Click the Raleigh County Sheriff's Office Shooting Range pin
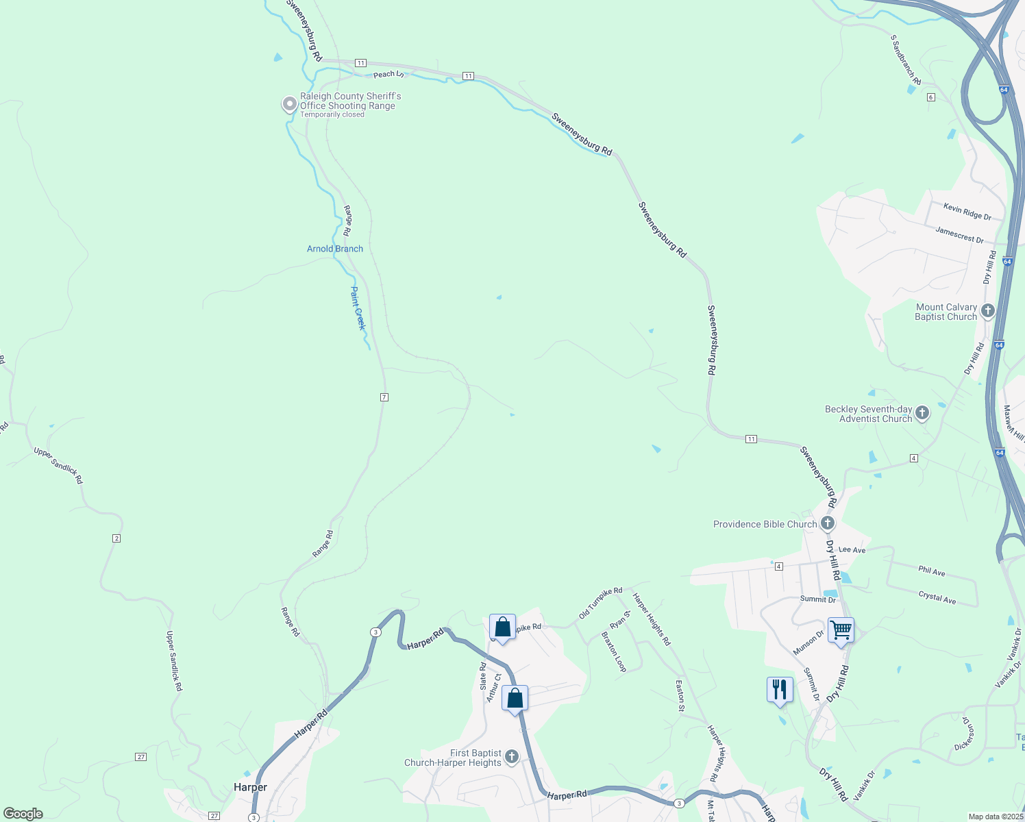coord(290,104)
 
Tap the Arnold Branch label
coord(334,249)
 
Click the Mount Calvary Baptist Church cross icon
coord(987,311)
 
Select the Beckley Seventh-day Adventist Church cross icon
coord(922,413)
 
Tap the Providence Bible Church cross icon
coord(828,524)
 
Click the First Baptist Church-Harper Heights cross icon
coord(511,757)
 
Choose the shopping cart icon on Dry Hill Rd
coord(841,630)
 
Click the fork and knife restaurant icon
coord(780,689)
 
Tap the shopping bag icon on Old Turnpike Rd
coord(502,627)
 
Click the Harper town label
coord(250,787)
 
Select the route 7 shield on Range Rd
coord(384,397)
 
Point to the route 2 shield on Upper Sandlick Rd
coord(116,538)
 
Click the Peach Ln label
coord(388,74)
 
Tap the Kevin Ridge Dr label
coord(967,211)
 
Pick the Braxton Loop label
coord(614,651)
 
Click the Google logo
coord(23,814)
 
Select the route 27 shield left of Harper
coord(140,757)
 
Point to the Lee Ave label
coord(852,549)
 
